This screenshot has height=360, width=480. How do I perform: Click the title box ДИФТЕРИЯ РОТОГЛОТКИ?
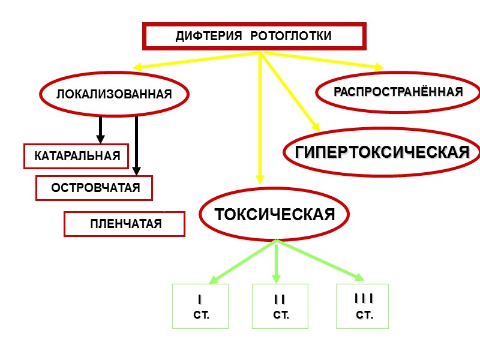tap(254, 37)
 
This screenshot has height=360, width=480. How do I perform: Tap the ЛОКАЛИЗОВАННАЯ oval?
tap(114, 94)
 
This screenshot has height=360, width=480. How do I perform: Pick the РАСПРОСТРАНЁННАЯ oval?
tap(398, 92)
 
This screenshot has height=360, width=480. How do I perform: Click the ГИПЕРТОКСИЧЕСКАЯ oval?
tap(382, 152)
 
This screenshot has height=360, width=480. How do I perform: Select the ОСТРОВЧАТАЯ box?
tap(95, 188)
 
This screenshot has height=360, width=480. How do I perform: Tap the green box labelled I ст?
tap(200, 306)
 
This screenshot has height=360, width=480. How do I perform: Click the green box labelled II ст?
tap(280, 306)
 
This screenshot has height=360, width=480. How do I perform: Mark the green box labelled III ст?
tap(362, 306)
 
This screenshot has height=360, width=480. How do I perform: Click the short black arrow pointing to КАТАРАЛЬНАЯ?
tap(101, 130)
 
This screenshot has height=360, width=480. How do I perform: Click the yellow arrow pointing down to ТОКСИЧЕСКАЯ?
tap(260, 120)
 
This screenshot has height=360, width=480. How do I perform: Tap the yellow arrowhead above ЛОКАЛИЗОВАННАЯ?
tap(137, 67)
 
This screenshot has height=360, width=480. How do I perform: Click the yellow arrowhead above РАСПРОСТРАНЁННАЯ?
tap(378, 66)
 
